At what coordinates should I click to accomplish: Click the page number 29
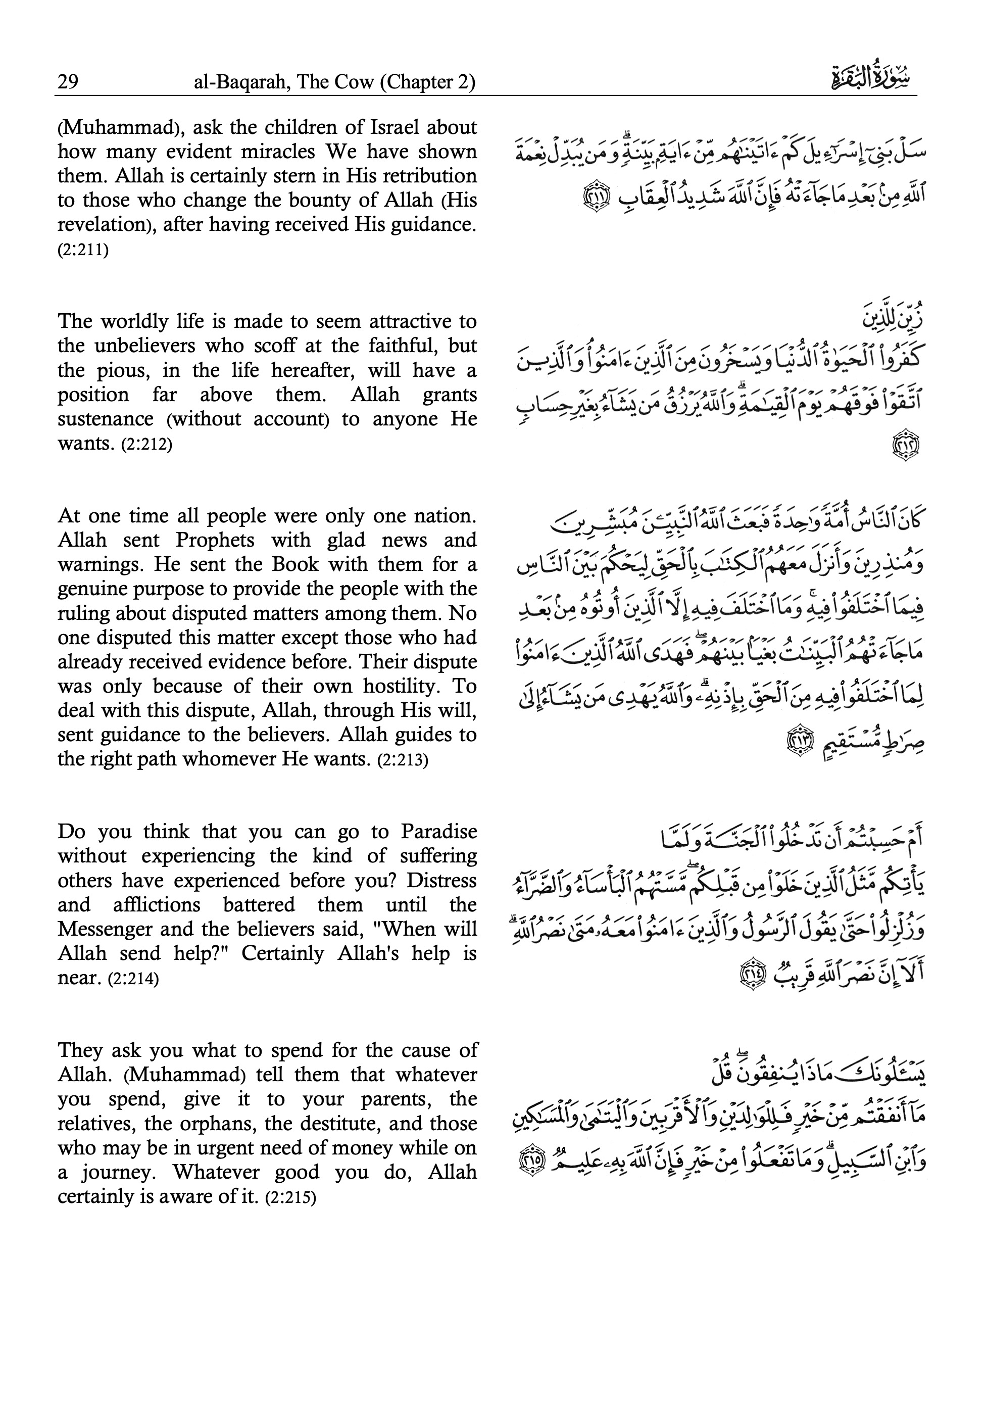pos(68,82)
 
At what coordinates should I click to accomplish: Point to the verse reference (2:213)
pos(403,761)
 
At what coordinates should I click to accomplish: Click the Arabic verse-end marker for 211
pos(594,199)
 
